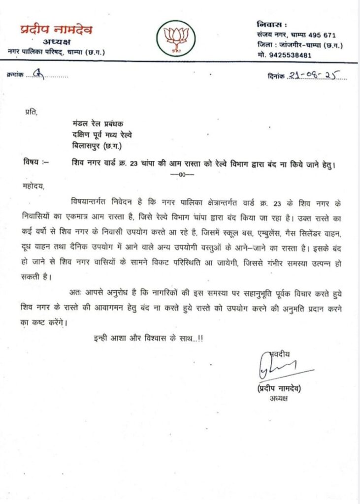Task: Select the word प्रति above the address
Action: pyautogui.click(x=31, y=112)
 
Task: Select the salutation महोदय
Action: pyautogui.click(x=34, y=187)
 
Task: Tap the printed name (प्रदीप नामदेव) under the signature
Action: pyautogui.click(x=279, y=388)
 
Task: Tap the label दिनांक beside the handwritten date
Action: pyautogui.click(x=273, y=75)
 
